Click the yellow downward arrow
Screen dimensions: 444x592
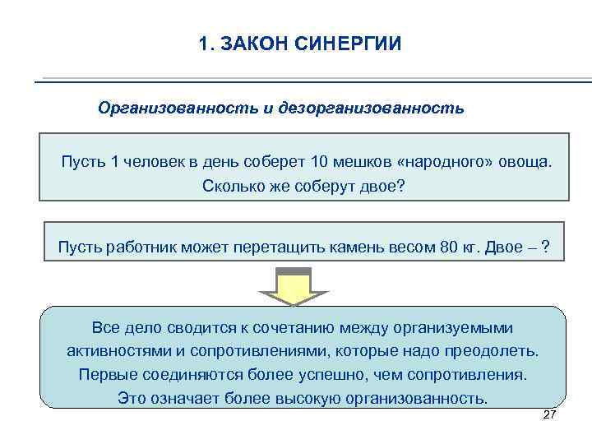[293, 288]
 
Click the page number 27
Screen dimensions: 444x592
[550, 415]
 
